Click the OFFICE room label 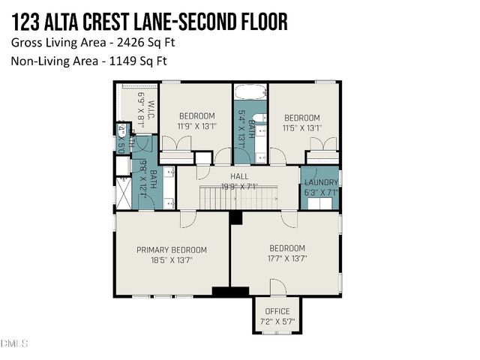[277, 312]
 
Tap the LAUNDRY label [320, 182]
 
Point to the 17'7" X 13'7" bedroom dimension [287, 259]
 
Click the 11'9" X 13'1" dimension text [196, 127]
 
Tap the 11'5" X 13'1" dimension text [301, 128]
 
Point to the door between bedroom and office [277, 288]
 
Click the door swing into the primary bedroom [188, 220]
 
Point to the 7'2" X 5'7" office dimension [277, 322]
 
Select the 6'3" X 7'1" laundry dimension [320, 192]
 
